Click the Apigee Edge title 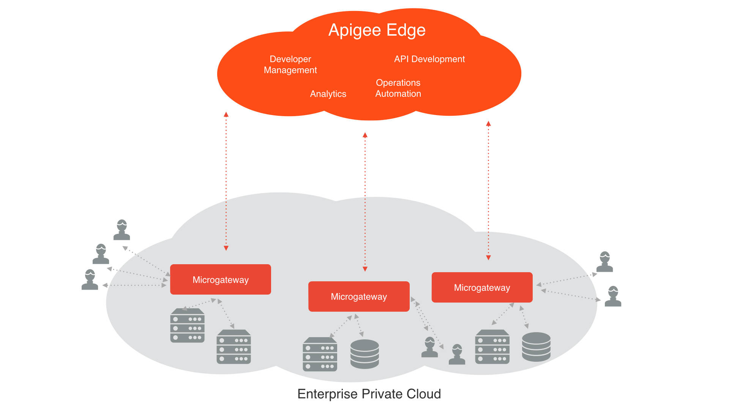point(377,30)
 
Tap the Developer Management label point(290,65)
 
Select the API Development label point(429,59)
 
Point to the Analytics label point(328,94)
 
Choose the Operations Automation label point(398,88)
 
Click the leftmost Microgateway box point(220,279)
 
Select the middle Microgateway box point(359,296)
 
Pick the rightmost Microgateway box point(482,287)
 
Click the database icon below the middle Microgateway point(364,354)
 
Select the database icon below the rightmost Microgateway point(536,347)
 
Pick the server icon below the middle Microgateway point(320,354)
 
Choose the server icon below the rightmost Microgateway point(492,347)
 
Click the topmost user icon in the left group point(122,230)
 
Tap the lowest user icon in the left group point(90,280)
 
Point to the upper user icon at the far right point(604,262)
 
